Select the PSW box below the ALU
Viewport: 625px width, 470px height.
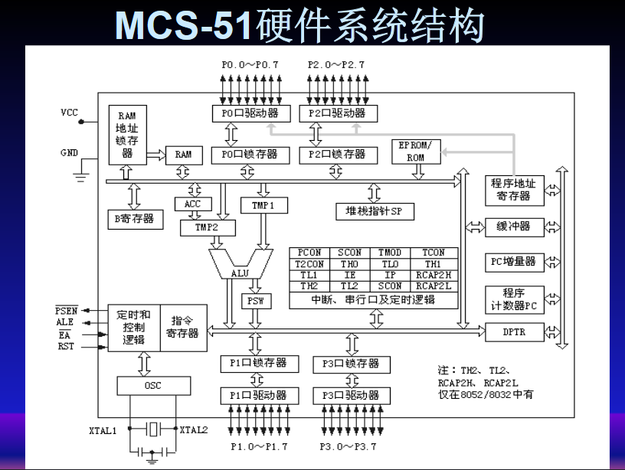pyautogui.click(x=256, y=301)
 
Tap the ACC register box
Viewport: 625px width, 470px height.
pyautogui.click(x=191, y=204)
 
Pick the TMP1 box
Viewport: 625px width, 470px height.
pyautogui.click(x=263, y=205)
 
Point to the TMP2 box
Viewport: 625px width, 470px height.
pyautogui.click(x=208, y=227)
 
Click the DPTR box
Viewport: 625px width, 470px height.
pyautogui.click(x=514, y=332)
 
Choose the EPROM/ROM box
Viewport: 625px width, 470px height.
pyautogui.click(x=416, y=152)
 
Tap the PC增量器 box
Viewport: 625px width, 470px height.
pyautogui.click(x=514, y=261)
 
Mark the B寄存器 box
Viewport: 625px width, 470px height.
pyautogui.click(x=134, y=218)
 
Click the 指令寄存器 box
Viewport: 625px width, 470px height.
pyautogui.click(x=184, y=327)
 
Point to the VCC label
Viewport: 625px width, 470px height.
pyautogui.click(x=70, y=113)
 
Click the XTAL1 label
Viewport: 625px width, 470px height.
pyautogui.click(x=104, y=429)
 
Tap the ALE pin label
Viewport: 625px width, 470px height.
pyautogui.click(x=65, y=322)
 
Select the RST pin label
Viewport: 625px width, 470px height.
pyautogui.click(x=66, y=347)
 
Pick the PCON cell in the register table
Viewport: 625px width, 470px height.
pyautogui.click(x=309, y=253)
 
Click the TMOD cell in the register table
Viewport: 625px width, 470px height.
pyautogui.click(x=389, y=253)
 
